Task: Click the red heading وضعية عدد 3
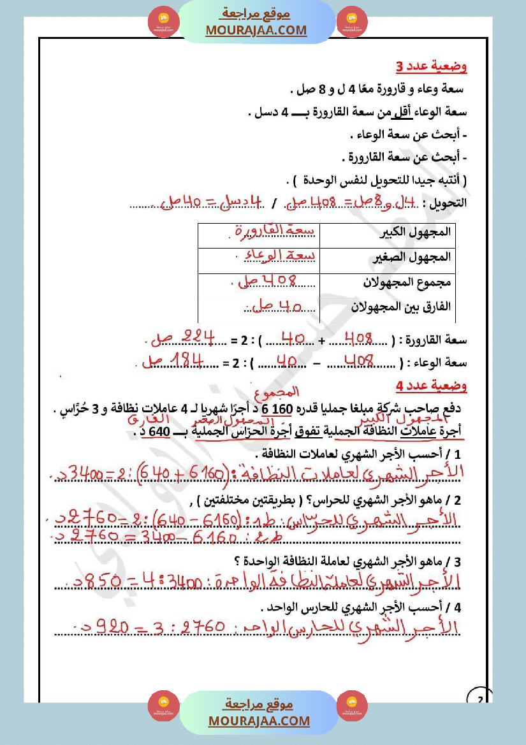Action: point(431,66)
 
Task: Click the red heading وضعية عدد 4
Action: point(431,386)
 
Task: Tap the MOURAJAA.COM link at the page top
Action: point(256,30)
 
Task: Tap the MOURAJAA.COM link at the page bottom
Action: point(259,721)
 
